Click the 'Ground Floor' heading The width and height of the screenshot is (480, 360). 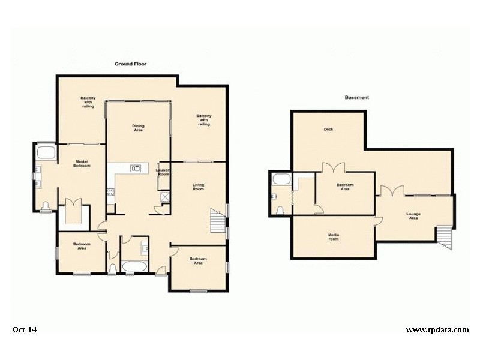[x=131, y=64]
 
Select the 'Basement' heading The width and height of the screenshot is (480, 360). [x=356, y=97]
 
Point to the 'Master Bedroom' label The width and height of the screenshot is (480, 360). [x=82, y=163]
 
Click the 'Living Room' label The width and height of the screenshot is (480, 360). [x=199, y=187]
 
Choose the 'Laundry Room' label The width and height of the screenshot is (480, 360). [x=163, y=172]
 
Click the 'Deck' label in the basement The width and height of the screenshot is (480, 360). [x=328, y=130]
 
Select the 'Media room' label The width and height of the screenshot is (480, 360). [x=333, y=236]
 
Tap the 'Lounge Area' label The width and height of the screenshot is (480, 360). [x=413, y=215]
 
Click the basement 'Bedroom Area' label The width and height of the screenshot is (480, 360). [x=345, y=187]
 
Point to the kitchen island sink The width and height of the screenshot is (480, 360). [x=136, y=168]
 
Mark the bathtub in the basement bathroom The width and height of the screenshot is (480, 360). [x=281, y=179]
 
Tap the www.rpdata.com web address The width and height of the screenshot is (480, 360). [x=437, y=329]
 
